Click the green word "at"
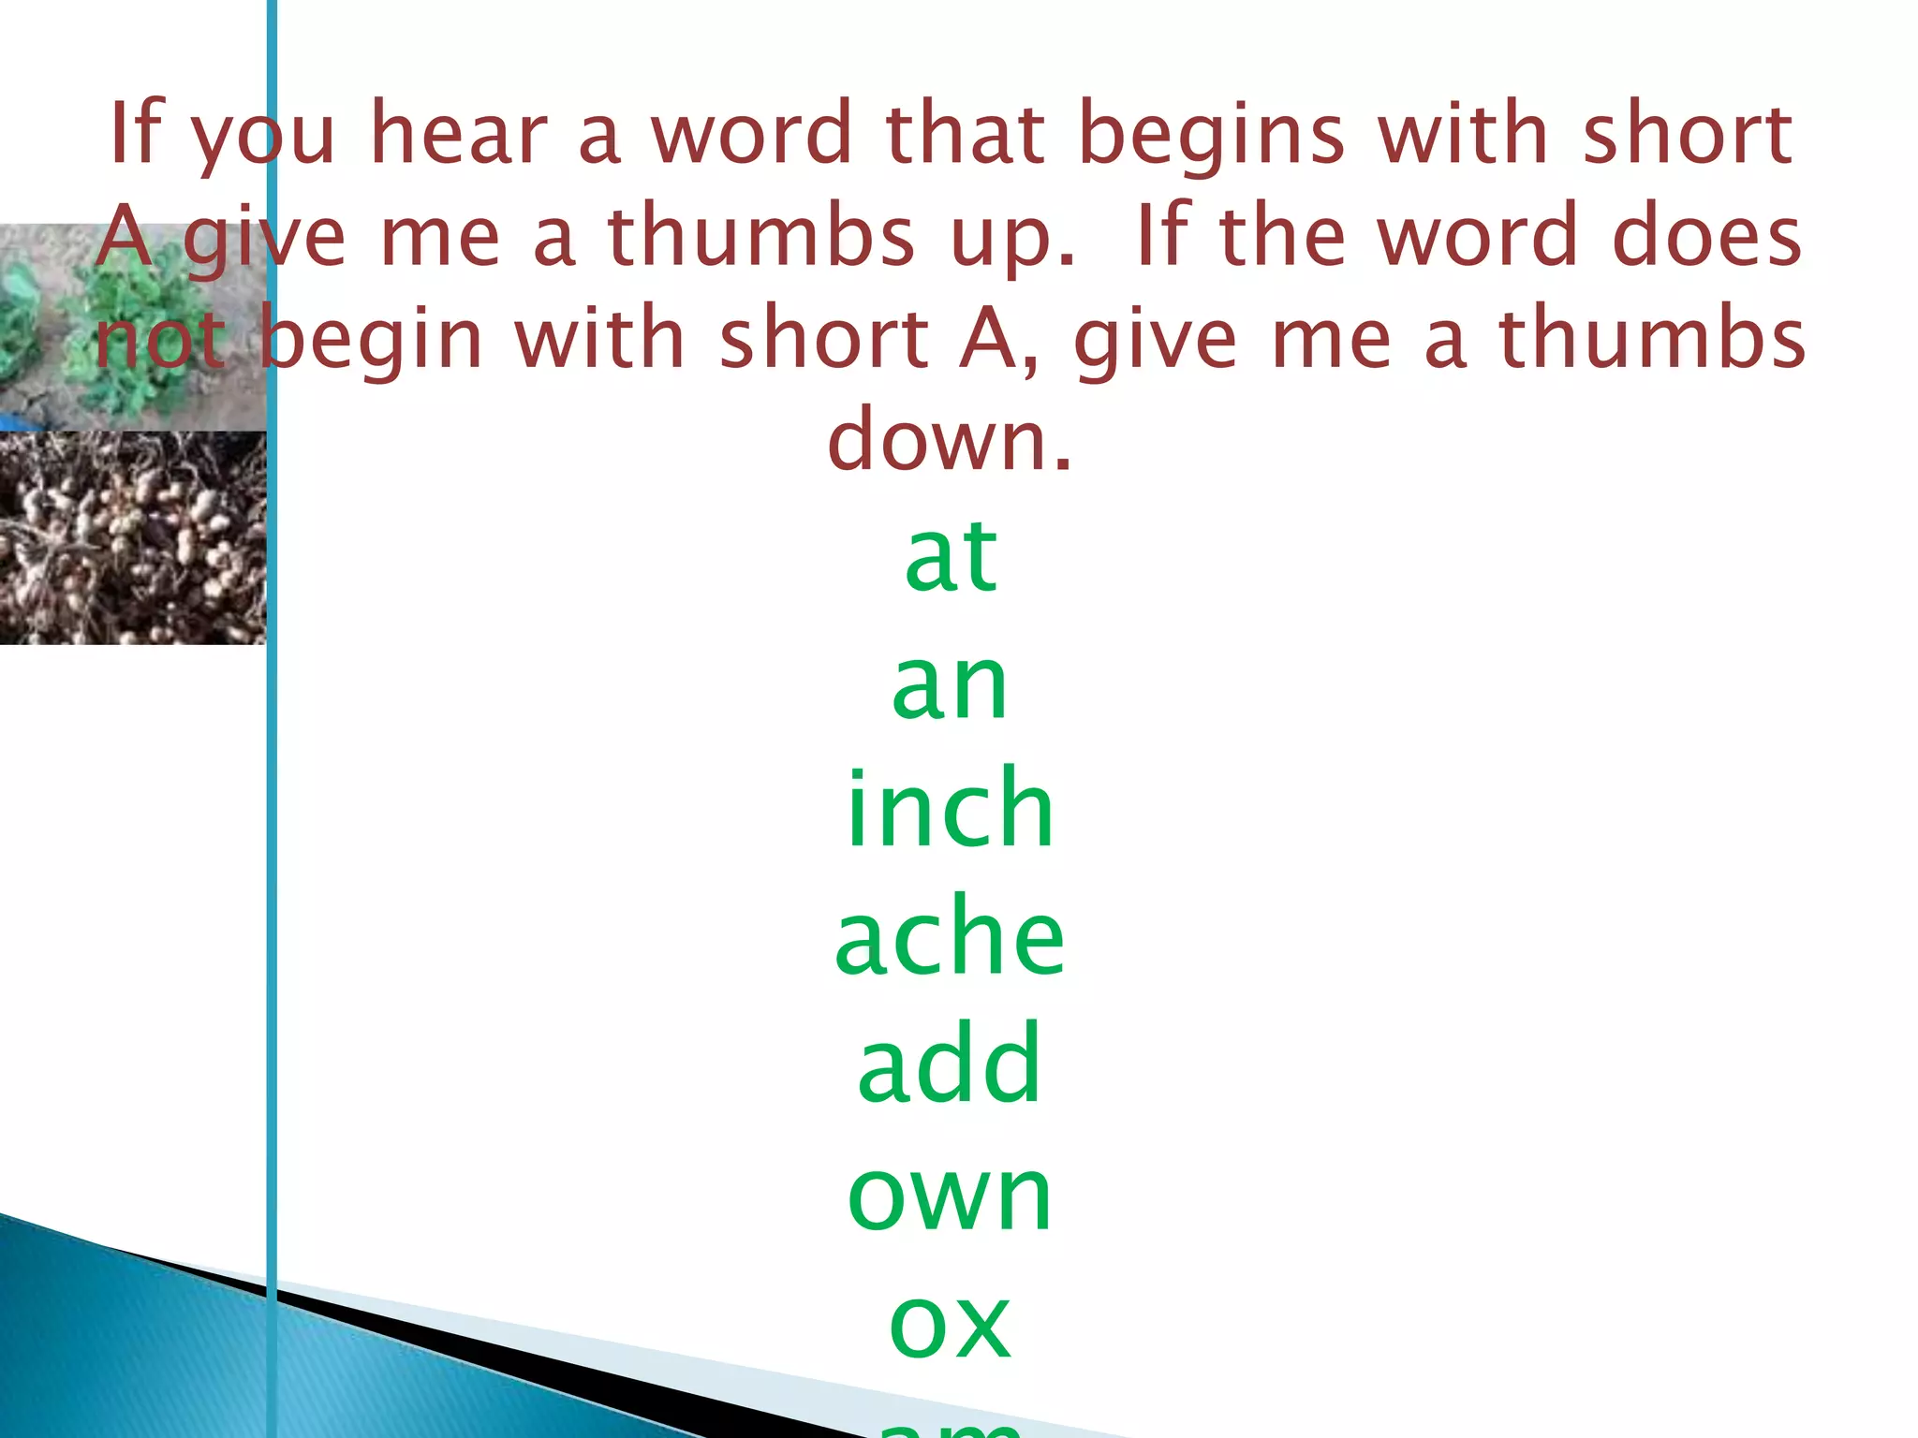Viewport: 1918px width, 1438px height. tap(951, 558)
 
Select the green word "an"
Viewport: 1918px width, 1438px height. tap(950, 687)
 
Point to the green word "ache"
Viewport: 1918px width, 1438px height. tap(950, 936)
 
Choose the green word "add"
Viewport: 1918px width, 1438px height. tap(950, 1064)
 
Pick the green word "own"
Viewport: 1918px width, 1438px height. tap(950, 1196)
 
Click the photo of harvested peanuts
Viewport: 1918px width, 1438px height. tap(131, 538)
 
